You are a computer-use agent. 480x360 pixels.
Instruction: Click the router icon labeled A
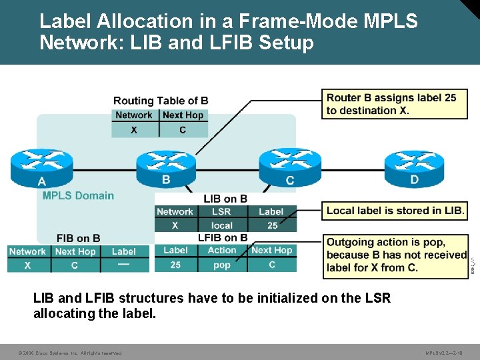41,165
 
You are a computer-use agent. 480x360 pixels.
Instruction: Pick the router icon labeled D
414,165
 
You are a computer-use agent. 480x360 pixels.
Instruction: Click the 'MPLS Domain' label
78,195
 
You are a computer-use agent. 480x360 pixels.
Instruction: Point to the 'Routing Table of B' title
161,101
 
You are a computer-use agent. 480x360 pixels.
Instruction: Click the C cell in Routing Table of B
183,129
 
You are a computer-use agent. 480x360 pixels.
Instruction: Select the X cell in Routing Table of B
135,129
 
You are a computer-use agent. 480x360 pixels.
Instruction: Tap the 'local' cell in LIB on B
221,225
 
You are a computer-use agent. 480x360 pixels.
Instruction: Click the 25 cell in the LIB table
272,225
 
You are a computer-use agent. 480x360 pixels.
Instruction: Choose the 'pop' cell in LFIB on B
222,265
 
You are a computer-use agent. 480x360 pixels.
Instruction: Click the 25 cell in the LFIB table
175,265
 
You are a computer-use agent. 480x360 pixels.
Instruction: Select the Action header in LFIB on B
222,250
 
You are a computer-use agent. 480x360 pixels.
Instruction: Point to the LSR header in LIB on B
221,211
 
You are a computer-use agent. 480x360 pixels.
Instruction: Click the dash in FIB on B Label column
123,265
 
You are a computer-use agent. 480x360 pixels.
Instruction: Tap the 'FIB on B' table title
79,238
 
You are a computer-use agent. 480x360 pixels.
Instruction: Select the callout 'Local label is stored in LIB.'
395,211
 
